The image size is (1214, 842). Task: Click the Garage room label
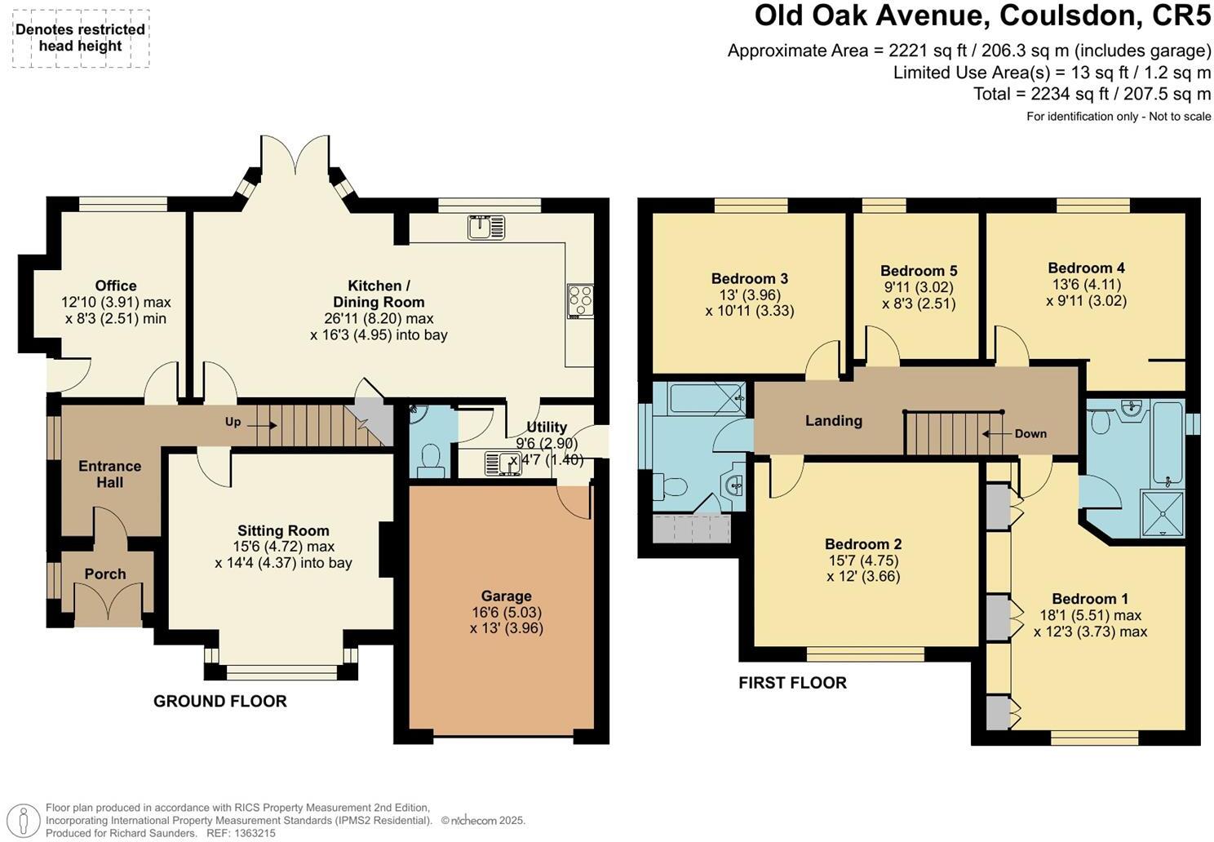point(506,596)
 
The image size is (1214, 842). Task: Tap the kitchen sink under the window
point(486,227)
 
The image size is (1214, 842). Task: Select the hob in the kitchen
point(581,300)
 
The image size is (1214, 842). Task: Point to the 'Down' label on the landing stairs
point(1030,433)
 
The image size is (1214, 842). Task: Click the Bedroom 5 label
point(919,271)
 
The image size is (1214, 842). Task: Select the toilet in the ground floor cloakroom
point(430,459)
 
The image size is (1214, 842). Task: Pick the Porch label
point(105,574)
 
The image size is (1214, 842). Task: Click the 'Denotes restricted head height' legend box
point(80,38)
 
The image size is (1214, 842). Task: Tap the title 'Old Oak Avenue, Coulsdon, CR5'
point(982,16)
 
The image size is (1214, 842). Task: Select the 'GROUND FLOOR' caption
point(220,701)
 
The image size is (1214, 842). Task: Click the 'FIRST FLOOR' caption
point(792,683)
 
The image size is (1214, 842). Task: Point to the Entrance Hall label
point(109,474)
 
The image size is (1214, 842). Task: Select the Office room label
point(116,286)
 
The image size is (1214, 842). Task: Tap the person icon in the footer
point(27,820)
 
